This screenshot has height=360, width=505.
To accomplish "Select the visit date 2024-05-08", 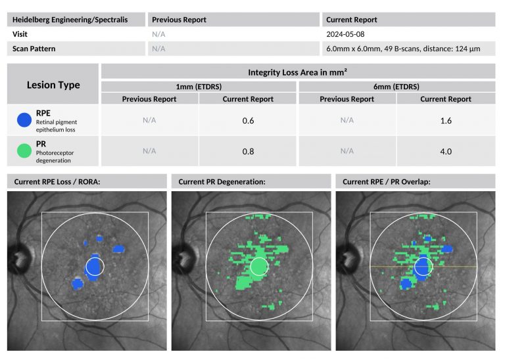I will coord(345,34).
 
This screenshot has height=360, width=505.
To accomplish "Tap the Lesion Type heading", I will coord(53,85).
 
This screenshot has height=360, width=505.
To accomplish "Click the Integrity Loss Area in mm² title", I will coord(297,72).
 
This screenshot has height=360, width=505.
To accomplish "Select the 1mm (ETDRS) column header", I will coord(199,86).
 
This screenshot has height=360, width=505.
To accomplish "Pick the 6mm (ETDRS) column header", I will coord(397,86).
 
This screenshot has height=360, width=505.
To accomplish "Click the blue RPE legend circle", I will coord(24,119).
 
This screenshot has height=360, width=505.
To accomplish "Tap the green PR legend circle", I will coord(24,151).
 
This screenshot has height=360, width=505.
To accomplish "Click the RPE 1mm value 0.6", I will coord(248,120).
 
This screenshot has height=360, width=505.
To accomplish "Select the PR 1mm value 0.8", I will coord(248,151).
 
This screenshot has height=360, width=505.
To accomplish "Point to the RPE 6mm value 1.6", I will coord(445,120).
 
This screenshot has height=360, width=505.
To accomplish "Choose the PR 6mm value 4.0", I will coord(445,151).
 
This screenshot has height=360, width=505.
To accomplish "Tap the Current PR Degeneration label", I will coord(222,181).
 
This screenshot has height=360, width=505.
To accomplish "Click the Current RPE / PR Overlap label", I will coord(387,181).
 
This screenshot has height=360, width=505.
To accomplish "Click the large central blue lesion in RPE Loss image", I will coord(94,267).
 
